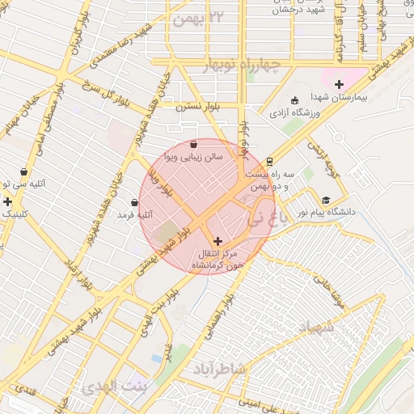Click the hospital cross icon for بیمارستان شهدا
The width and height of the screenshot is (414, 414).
tap(339, 84)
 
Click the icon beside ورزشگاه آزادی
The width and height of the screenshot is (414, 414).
tap(294, 100)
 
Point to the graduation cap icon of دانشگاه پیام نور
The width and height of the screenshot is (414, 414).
tap(326, 200)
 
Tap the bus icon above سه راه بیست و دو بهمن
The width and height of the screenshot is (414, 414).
tap(270, 160)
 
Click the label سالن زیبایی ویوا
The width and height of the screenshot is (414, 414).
tap(192, 156)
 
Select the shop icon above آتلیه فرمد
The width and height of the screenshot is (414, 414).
tap(134, 202)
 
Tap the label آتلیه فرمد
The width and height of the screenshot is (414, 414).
tap(135, 215)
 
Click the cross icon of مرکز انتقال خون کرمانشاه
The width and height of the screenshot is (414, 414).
tap(217, 241)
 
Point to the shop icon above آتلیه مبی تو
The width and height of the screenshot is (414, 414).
tap(23, 172)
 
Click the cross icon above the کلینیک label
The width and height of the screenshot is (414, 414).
tap(8, 201)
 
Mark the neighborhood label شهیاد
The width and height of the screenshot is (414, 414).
tap(315, 328)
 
